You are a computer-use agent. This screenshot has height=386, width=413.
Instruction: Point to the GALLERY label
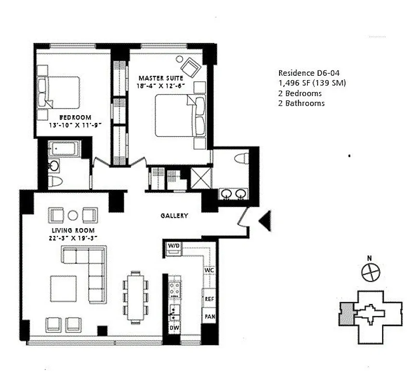[174, 216]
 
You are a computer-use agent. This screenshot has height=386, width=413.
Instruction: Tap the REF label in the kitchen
[209, 299]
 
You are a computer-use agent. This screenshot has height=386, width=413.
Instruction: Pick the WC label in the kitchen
[209, 271]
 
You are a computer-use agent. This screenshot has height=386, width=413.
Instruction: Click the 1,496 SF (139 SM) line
[312, 83]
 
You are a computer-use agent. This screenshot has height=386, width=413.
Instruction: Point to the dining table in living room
[136, 297]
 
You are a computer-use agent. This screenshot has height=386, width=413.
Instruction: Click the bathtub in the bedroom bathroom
[63, 148]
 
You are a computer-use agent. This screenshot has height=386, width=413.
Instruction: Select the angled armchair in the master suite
[190, 66]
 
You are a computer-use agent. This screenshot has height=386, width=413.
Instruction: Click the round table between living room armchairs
[73, 215]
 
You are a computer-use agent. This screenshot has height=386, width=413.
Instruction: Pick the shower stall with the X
[201, 178]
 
